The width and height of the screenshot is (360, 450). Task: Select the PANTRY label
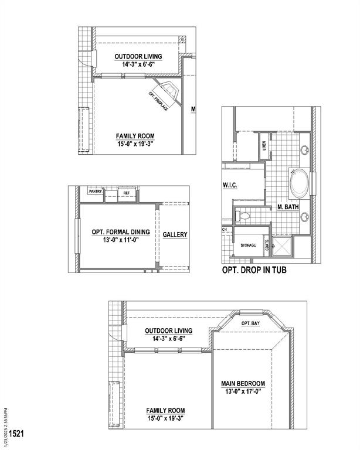coord(96,191)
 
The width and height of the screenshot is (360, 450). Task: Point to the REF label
coord(126,192)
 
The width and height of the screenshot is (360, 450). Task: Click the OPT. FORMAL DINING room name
coord(121,232)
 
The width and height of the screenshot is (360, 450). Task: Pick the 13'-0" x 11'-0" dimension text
coord(121,240)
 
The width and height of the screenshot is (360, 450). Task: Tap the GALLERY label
coord(175,234)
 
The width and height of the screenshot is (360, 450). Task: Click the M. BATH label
coord(288,207)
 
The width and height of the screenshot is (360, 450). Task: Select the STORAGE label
coord(247,245)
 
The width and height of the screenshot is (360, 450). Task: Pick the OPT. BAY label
coord(251,323)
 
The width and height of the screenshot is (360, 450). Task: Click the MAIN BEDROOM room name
coord(243,384)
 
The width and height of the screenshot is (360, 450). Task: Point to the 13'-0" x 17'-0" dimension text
coord(243,392)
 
